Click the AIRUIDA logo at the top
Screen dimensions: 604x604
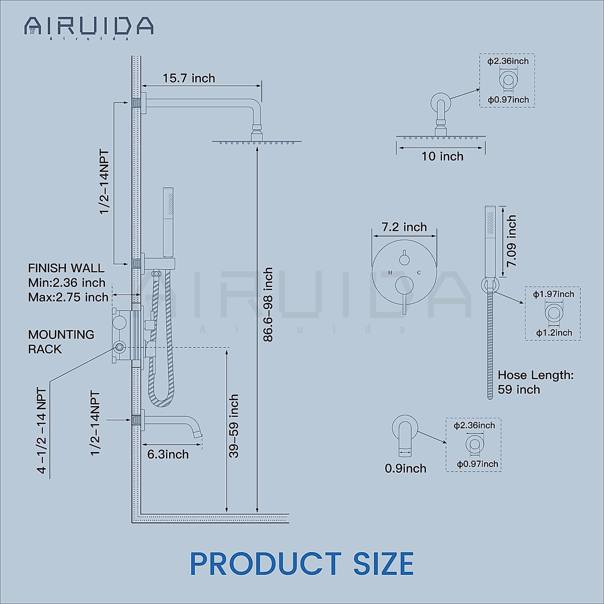[x=89, y=26]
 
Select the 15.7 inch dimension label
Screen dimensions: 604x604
[x=189, y=79]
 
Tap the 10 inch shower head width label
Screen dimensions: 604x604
[x=442, y=157]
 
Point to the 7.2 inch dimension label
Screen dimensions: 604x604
[x=404, y=227]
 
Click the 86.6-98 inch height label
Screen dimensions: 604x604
[x=268, y=305]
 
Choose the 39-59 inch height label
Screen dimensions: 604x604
[x=234, y=426]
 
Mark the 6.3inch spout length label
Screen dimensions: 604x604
[x=168, y=455]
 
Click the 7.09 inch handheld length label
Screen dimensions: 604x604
[x=512, y=241]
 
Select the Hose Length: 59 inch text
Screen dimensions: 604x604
[x=535, y=382]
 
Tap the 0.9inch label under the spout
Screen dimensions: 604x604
[x=405, y=469]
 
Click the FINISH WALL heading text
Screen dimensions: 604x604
[x=66, y=268]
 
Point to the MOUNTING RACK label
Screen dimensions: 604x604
[x=61, y=342]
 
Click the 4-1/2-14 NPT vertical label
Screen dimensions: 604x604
[x=42, y=430]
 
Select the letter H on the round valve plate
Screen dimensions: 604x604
[x=390, y=273]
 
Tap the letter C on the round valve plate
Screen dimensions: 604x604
[x=419, y=273]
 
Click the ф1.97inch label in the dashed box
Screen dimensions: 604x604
[x=553, y=294]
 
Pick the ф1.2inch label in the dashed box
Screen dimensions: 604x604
[x=554, y=333]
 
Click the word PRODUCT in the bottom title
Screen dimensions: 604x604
[x=266, y=564]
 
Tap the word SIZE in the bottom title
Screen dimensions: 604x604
[x=383, y=564]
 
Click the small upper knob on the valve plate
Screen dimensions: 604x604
[x=404, y=260]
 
